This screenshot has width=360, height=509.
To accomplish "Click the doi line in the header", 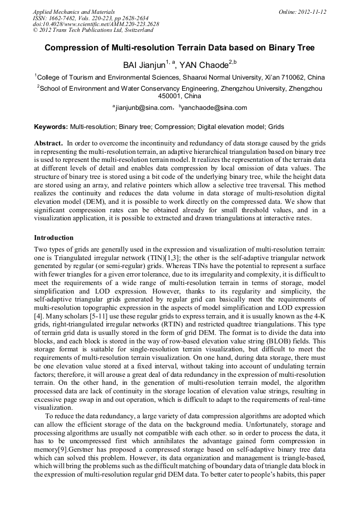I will pos(96,24).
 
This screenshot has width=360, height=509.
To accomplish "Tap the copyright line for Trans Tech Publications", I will pos(93,30).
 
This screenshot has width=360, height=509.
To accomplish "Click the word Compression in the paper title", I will pos(72,48).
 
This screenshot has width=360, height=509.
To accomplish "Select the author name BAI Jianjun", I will pos(143,65).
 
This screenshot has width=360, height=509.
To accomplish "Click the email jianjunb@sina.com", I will pos(144,108).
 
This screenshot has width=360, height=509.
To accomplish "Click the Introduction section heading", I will pos(54,237).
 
